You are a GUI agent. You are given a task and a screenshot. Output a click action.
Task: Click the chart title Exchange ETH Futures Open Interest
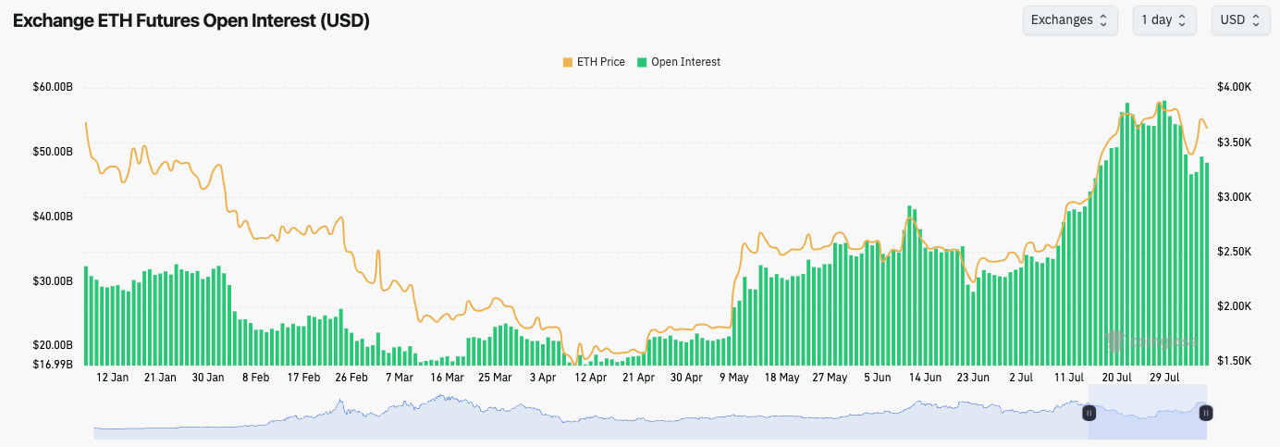(191, 21)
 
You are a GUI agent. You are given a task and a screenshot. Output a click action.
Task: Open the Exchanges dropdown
(1069, 19)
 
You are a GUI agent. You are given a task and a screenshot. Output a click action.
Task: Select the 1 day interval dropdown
(1163, 19)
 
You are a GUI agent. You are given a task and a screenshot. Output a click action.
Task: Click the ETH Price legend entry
(594, 62)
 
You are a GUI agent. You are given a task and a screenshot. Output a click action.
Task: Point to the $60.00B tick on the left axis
(53, 87)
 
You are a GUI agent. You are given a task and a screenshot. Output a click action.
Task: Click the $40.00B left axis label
(53, 217)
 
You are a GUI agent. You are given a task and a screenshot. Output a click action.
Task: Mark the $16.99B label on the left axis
(53, 364)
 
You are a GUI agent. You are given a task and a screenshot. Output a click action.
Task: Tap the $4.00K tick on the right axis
(1234, 87)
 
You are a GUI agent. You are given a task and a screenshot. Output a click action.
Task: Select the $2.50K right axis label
(1234, 252)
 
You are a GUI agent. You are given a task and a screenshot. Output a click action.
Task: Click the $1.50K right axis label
(1234, 361)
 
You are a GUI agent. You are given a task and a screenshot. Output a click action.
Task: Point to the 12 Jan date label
(112, 378)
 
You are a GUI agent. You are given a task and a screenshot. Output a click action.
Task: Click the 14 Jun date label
(925, 378)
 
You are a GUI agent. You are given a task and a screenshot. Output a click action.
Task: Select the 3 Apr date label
(543, 378)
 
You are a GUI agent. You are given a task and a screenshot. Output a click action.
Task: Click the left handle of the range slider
(1089, 413)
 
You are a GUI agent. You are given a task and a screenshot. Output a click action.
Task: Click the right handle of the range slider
(1206, 413)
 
